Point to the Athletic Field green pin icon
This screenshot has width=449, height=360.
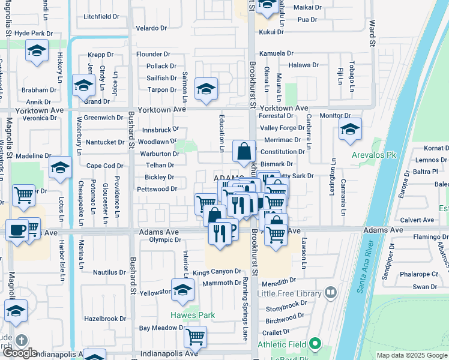[x=315, y=344]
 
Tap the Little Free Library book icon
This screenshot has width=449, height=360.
[x=330, y=293]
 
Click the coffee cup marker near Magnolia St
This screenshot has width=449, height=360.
[x=17, y=229]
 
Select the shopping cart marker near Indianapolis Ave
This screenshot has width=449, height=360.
[x=195, y=337]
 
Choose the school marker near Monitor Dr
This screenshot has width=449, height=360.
[x=350, y=129]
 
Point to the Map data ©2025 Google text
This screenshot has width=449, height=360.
[x=412, y=355]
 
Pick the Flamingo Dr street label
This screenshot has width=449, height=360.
[x=426, y=236]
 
